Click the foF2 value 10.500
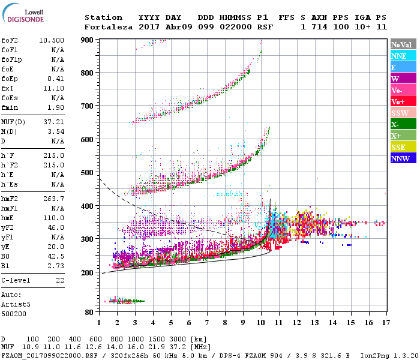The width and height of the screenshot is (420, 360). point(52,40)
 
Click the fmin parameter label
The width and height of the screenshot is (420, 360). point(10,107)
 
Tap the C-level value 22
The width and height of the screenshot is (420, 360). point(59,280)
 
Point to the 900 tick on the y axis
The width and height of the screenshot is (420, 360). point(88,40)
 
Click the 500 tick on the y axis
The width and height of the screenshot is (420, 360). point(88,173)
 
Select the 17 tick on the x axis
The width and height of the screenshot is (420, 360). point(385,323)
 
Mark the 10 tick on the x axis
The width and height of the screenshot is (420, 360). point(261,323)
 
